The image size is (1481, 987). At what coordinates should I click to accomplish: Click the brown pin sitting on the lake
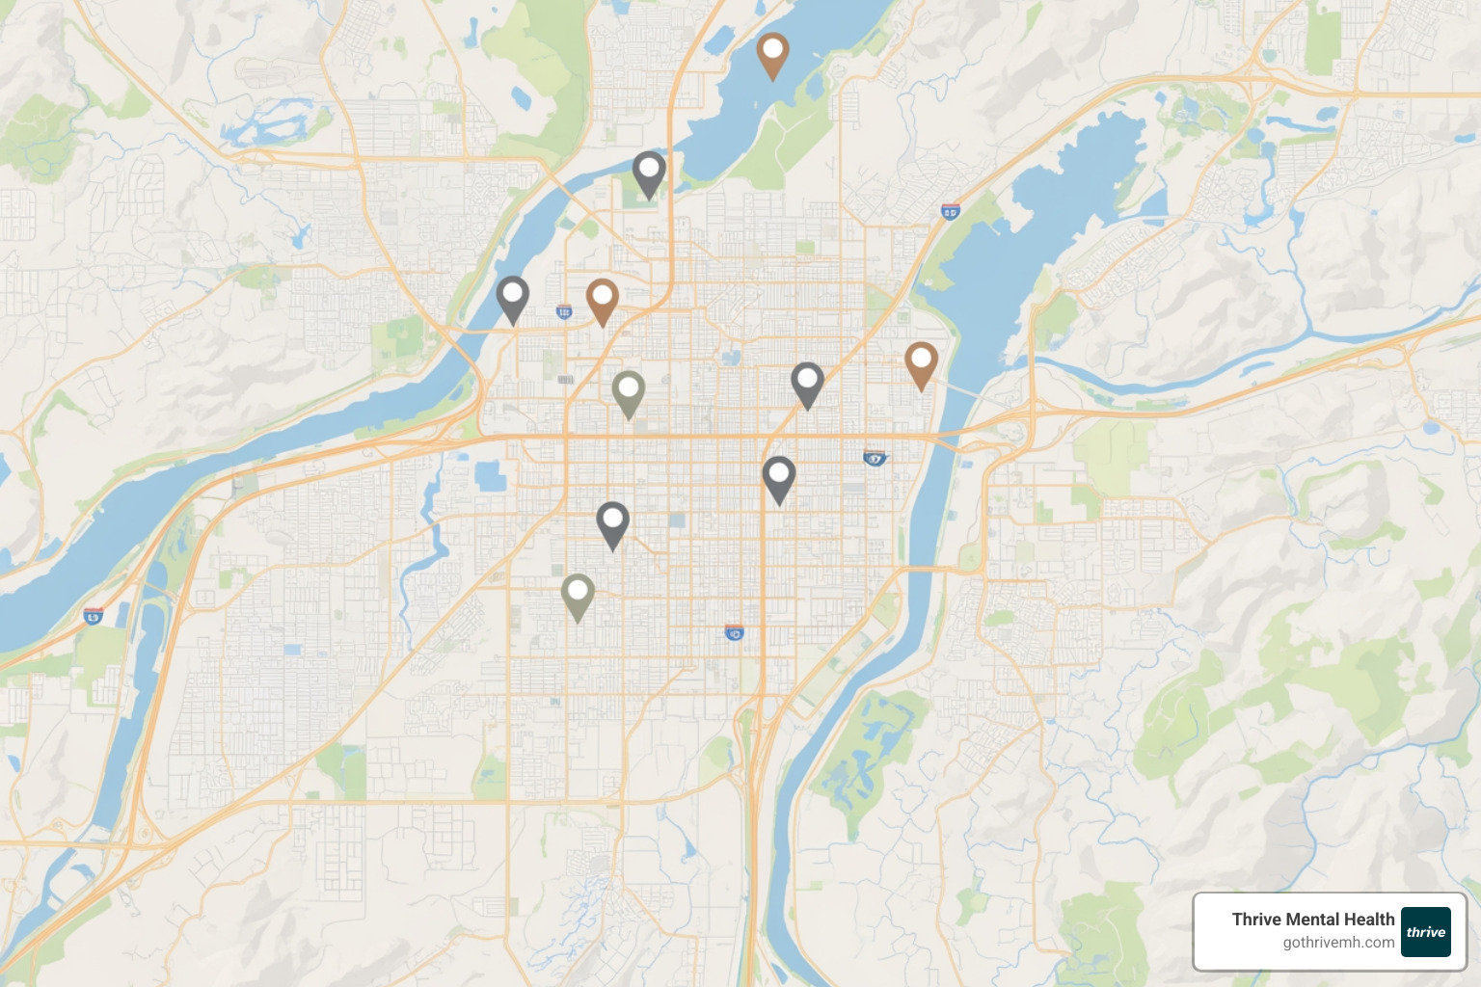[772, 53]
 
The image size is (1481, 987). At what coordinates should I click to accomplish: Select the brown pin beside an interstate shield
[602, 299]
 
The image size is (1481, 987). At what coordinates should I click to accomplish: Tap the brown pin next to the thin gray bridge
[921, 362]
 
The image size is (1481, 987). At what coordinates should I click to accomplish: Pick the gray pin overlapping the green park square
[649, 172]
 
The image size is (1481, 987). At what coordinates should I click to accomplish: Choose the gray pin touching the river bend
[512, 297]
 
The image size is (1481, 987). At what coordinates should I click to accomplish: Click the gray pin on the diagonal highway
[807, 383]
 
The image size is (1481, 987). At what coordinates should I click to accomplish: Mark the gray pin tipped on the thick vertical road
[778, 477]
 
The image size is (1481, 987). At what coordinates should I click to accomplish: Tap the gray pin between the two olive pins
[612, 522]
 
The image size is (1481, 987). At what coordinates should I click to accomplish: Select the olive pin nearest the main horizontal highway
[628, 391]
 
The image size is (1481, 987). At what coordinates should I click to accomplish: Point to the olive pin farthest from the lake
[577, 595]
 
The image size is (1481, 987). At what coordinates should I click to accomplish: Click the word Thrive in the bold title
[1256, 920]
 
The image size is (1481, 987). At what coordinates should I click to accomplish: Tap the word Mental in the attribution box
[1315, 920]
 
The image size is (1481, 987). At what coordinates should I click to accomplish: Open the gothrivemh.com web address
[1338, 943]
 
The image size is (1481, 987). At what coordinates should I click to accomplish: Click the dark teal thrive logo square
[1425, 932]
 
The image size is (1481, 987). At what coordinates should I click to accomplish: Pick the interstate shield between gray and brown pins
[564, 311]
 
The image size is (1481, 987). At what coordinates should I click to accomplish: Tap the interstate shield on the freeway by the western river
[94, 616]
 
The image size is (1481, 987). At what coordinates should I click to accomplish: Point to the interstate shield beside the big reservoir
[951, 211]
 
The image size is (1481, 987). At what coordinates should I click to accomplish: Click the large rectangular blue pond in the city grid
[490, 476]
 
